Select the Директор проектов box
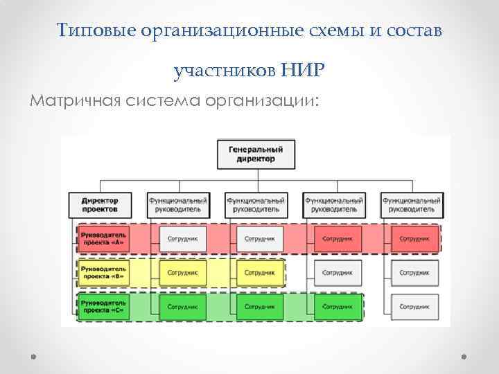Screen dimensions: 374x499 click(99, 204)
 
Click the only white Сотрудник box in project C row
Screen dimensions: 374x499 click(414, 305)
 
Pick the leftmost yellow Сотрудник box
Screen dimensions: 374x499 click(182, 272)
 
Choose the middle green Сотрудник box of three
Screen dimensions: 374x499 click(260, 305)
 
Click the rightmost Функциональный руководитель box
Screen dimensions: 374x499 click(412, 204)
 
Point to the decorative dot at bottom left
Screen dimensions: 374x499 click(33, 357)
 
